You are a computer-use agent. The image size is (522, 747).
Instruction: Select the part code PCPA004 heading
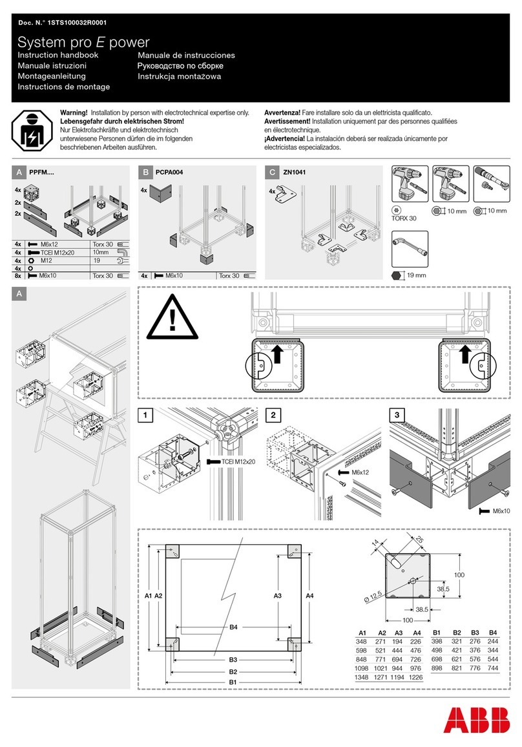(x=171, y=173)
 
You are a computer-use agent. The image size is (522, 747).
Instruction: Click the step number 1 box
(x=145, y=415)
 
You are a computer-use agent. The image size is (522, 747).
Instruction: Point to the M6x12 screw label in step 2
(x=361, y=472)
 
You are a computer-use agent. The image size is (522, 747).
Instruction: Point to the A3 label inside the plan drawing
(x=277, y=594)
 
